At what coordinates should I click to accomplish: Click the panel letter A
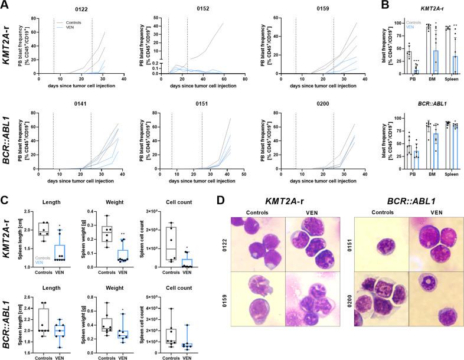pos(5,5)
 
